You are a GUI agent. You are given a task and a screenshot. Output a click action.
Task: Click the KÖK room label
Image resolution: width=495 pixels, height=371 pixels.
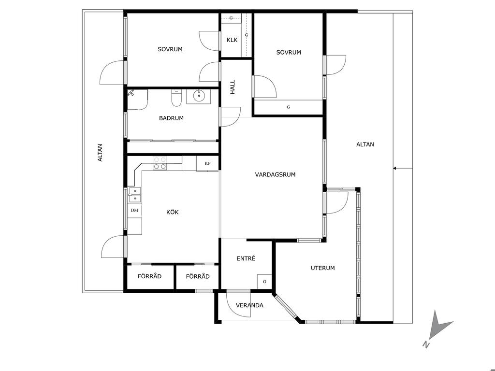click(173, 212)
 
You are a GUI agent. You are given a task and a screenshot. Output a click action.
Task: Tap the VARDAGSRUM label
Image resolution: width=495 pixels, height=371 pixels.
click(275, 174)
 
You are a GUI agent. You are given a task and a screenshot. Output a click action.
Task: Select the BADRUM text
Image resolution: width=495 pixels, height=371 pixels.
click(171, 118)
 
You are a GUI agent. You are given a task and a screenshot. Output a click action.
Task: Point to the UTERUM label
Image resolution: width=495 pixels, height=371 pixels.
click(322, 268)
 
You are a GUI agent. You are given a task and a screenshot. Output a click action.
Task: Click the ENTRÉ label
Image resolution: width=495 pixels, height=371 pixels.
click(246, 258)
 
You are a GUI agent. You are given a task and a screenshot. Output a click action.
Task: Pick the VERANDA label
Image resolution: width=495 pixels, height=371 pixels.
click(250, 305)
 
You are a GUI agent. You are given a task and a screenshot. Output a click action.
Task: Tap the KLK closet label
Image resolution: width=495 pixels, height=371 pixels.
click(232, 40)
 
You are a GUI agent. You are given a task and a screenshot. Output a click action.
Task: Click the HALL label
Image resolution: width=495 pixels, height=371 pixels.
click(233, 87)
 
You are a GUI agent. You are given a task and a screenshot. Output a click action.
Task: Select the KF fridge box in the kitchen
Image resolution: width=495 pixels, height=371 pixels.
click(207, 163)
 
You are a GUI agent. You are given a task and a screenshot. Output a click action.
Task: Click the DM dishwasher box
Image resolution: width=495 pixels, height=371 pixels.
click(134, 211)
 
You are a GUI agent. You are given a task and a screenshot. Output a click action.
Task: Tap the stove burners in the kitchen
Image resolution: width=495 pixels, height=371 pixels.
click(160, 163)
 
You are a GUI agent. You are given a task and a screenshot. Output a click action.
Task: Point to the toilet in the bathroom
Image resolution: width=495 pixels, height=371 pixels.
click(176, 98)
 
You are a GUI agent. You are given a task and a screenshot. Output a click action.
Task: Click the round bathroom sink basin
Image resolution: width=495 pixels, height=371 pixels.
click(199, 96)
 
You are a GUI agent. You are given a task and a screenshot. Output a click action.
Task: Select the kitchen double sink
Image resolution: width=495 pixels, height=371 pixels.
click(134, 195)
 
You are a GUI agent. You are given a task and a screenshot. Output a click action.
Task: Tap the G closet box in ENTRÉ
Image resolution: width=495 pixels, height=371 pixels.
click(264, 282)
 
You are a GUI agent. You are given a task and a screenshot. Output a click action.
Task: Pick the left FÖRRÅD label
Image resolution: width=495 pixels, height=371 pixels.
click(150, 276)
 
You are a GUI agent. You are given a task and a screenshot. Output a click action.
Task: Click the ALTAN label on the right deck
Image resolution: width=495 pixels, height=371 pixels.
click(365, 144)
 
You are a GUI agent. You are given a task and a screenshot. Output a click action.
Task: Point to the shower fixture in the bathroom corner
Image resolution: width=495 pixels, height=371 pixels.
click(131, 93)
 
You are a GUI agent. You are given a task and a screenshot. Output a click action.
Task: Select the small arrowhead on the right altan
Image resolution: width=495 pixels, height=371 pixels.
click(394, 169)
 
